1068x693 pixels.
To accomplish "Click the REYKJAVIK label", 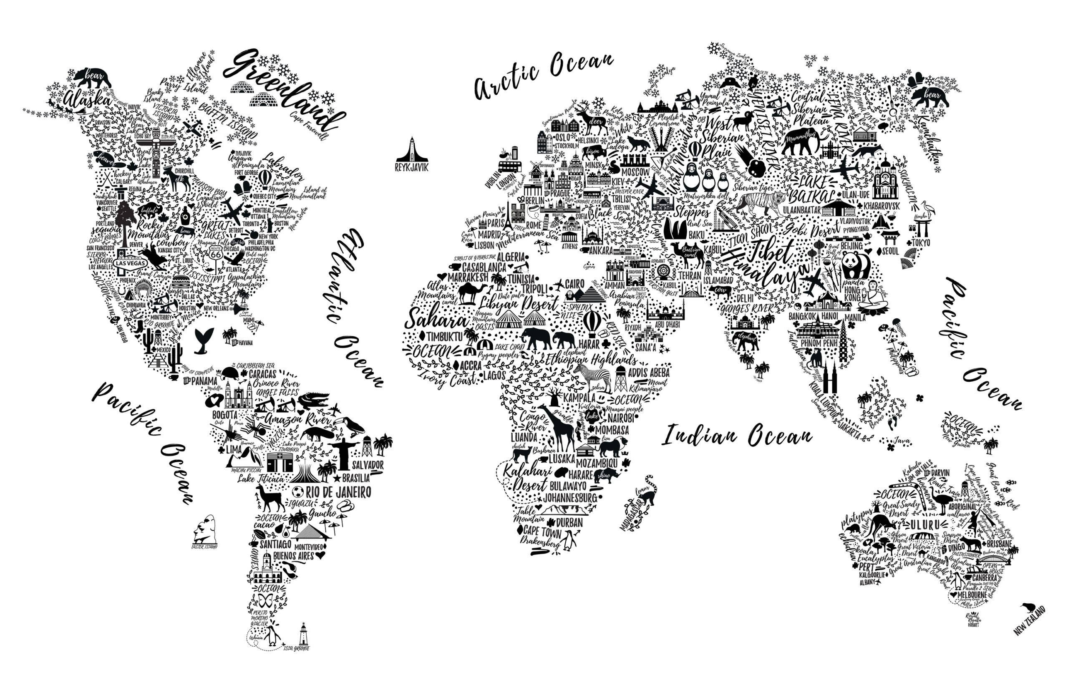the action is pyautogui.click(x=411, y=167).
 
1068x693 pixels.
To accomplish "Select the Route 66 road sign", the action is pyautogui.click(x=216, y=254).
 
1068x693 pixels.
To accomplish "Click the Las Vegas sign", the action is pyautogui.click(x=130, y=264).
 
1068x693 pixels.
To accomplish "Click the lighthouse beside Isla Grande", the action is pyautogui.click(x=304, y=634).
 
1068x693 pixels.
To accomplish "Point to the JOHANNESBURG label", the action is pyautogui.click(x=570, y=498).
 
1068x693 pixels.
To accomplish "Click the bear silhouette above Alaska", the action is pyautogui.click(x=92, y=78).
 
